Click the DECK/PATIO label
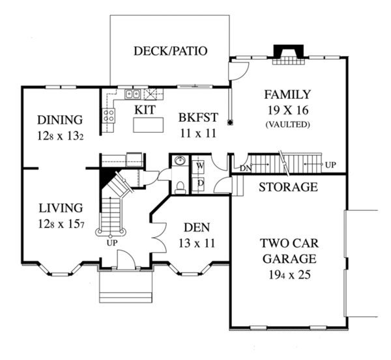[171, 51]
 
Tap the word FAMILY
[287, 94]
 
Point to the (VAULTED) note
[288, 124]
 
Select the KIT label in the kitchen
[145, 109]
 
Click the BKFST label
[198, 118]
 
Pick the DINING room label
[60, 120]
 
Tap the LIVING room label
[61, 208]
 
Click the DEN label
[197, 227]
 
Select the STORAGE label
[288, 187]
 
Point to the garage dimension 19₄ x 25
[290, 275]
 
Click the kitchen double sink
[132, 94]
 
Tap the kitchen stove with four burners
[109, 116]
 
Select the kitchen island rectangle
[149, 125]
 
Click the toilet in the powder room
[180, 187]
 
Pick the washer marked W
[199, 166]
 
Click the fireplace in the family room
[289, 55]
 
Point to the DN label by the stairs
[245, 169]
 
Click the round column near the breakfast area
[231, 122]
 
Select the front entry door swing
[126, 260]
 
